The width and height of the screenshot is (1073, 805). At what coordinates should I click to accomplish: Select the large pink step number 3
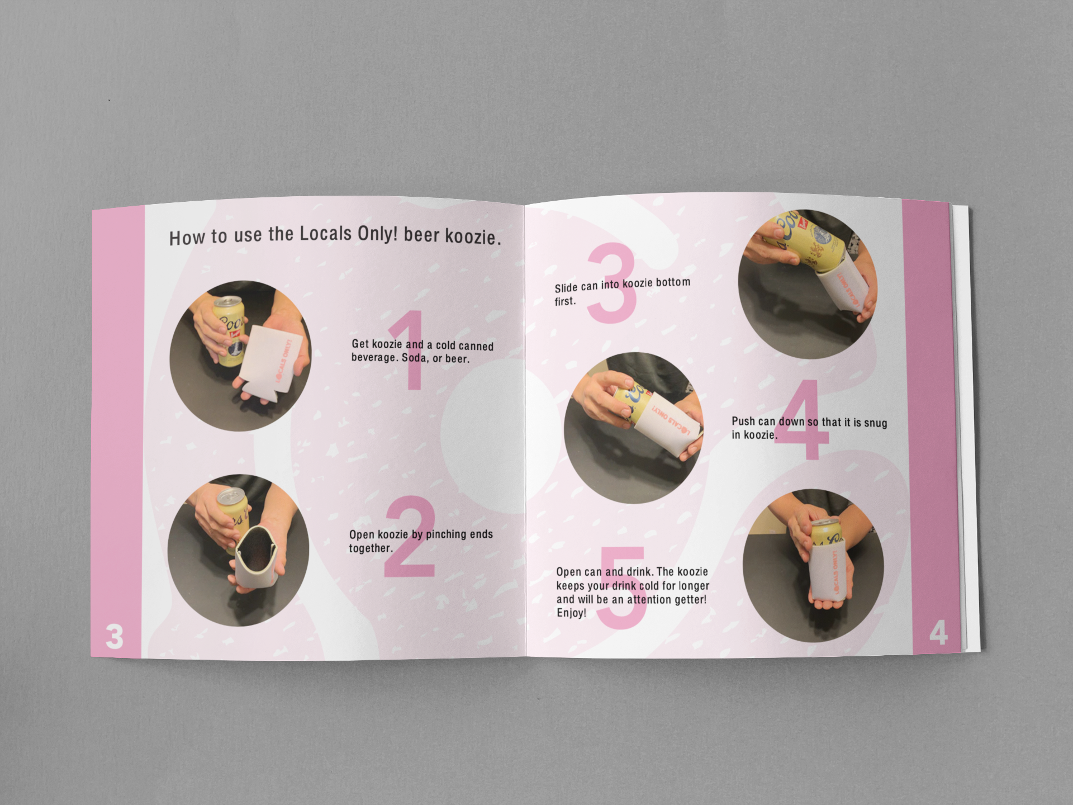pyautogui.click(x=611, y=283)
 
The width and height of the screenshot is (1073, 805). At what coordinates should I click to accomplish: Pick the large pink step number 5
pyautogui.click(x=622, y=587)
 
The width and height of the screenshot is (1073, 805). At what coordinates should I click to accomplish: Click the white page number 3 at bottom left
pyautogui.click(x=114, y=637)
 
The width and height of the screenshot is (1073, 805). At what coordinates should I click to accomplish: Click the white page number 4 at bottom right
pyautogui.click(x=938, y=633)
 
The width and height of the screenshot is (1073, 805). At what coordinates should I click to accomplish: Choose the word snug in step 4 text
pyautogui.click(x=875, y=423)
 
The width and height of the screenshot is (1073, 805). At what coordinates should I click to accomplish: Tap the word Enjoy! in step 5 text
pyautogui.click(x=571, y=613)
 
